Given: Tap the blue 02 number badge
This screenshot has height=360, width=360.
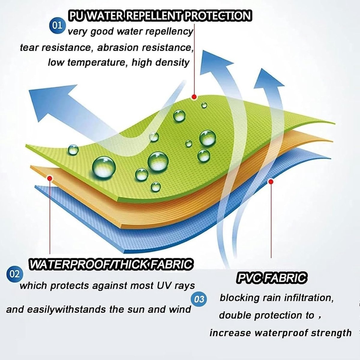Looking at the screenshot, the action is click(x=15, y=274).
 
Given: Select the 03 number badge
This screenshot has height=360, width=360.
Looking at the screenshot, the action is click(x=199, y=299).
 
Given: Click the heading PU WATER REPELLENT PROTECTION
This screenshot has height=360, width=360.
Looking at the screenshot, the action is click(x=160, y=16).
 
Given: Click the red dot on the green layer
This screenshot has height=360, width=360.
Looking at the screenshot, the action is click(x=194, y=97).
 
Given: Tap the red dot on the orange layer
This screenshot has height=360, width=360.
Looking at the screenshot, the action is click(x=50, y=178).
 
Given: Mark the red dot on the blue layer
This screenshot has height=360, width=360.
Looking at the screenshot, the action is click(x=271, y=181).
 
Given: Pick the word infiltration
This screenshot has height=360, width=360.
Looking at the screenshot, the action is click(x=309, y=298).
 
